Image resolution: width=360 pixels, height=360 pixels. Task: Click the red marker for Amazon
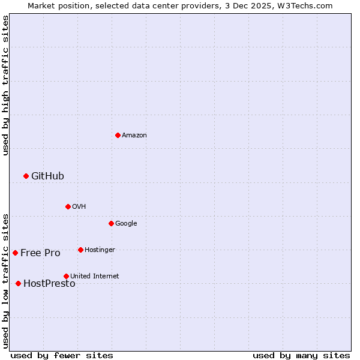coord(118,135)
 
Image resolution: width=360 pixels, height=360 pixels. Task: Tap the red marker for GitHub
coord(26,176)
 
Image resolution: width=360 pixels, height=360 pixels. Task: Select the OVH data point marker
coord(68,206)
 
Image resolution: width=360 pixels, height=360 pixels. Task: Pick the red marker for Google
coord(111,223)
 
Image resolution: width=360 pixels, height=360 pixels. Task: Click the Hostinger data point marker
coord(80,250)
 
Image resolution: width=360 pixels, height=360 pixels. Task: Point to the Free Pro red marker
coord(15,253)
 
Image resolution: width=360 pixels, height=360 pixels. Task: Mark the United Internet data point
coord(66,276)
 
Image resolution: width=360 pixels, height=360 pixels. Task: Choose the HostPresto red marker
coord(18,283)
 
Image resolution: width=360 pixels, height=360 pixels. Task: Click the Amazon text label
coord(134,135)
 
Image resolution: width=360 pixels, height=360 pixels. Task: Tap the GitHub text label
coord(47,176)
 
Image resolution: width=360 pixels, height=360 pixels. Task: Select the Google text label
coord(126,223)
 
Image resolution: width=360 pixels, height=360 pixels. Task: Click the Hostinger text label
coord(100,250)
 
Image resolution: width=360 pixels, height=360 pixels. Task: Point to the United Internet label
coord(94,276)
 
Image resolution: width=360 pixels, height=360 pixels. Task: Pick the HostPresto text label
coord(49,284)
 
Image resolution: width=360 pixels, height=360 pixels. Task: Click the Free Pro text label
coord(40,253)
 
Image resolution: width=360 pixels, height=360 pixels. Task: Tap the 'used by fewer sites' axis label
coord(61,355)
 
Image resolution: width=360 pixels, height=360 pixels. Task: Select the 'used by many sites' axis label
coord(301,355)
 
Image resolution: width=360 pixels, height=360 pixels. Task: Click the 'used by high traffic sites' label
coord(5,85)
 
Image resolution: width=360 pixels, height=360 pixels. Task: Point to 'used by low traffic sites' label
coord(5,280)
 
